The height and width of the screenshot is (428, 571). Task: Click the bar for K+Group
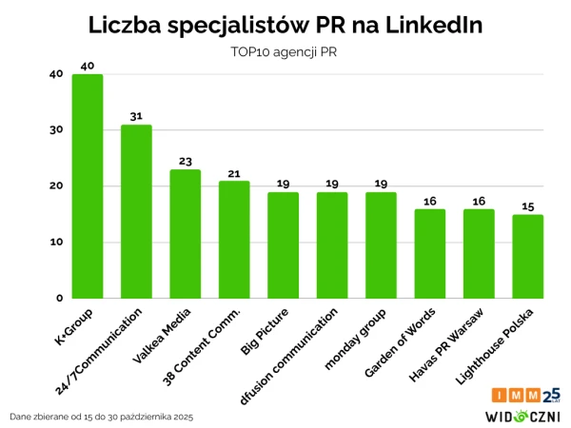pos(88,185)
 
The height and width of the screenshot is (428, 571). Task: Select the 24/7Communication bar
pos(136,211)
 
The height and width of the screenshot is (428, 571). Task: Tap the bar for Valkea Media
pos(185,233)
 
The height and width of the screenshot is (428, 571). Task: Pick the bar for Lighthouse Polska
pos(528,256)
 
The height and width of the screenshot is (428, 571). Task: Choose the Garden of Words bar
pos(430,253)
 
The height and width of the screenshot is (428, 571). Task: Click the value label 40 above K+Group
pos(88,66)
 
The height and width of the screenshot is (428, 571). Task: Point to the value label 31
pos(136,116)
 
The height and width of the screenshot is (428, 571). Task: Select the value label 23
pos(185,161)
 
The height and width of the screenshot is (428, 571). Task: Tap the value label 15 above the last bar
pos(528,205)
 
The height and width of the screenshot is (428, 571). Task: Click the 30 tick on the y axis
pos(56,130)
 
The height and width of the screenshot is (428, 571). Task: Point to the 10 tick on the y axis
pos(56,242)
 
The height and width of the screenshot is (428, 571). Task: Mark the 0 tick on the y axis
pos(59,298)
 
